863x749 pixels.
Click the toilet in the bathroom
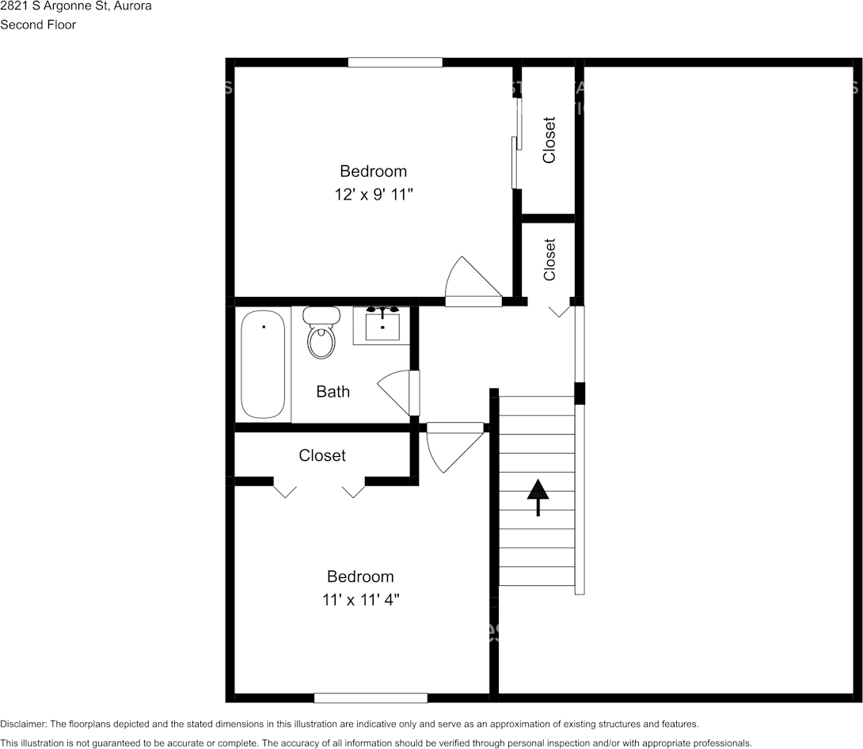pyautogui.click(x=321, y=333)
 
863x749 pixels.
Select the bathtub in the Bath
pyautogui.click(x=263, y=364)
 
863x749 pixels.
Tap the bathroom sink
pyautogui.click(x=382, y=325)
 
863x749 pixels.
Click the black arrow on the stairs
pyautogui.click(x=538, y=497)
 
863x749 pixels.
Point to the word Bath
pyautogui.click(x=333, y=391)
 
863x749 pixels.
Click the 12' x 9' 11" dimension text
pyautogui.click(x=374, y=194)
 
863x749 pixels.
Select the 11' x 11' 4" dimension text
pyautogui.click(x=360, y=599)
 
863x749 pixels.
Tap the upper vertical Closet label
pyautogui.click(x=549, y=140)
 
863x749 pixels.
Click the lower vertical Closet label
pyautogui.click(x=549, y=260)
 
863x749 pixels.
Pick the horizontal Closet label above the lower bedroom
pyautogui.click(x=322, y=455)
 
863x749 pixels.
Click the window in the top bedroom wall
pyautogui.click(x=395, y=63)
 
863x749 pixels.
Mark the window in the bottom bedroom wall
pyautogui.click(x=371, y=698)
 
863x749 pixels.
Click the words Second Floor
pyautogui.click(x=38, y=25)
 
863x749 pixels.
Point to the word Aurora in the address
pyautogui.click(x=131, y=6)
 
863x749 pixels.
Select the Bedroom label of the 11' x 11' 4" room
pyautogui.click(x=360, y=576)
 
